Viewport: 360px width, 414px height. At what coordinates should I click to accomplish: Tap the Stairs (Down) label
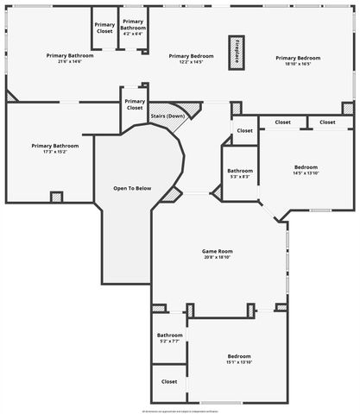(168, 116)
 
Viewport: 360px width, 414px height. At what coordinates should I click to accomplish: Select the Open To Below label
(132, 188)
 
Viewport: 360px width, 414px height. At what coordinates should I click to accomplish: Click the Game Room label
(218, 251)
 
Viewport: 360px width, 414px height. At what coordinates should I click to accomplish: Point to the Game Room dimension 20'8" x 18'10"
(218, 257)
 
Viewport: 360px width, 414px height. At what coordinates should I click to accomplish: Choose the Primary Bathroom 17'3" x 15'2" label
(54, 150)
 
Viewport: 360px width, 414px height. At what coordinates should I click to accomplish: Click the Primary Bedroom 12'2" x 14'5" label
(191, 59)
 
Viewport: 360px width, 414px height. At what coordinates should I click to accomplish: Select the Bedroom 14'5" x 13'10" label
(306, 170)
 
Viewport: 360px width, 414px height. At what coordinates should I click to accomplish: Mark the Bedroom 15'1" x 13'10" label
(239, 359)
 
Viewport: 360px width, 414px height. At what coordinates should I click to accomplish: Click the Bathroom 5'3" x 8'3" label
(240, 173)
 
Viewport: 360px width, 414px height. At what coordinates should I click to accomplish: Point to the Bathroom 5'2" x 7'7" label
(169, 337)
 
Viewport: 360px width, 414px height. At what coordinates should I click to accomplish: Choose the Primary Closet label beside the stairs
(135, 104)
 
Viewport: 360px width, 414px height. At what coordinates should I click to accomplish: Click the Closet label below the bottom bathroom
(169, 380)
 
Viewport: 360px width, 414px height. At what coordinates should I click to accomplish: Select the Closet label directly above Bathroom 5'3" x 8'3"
(244, 131)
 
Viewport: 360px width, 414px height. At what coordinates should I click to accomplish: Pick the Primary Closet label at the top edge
(104, 28)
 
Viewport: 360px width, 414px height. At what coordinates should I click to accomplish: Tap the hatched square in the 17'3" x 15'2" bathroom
(57, 197)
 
